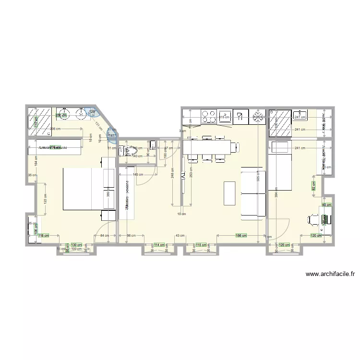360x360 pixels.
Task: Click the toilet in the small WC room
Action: point(127,151)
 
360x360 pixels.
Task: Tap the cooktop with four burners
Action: point(209,116)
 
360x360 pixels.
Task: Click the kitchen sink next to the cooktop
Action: point(239,116)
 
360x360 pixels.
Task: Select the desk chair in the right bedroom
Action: point(312,219)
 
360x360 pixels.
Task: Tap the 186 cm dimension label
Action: point(241,236)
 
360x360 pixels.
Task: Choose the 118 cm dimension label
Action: point(43,235)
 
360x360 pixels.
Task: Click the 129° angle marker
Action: point(92,112)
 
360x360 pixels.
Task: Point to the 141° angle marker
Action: point(112,136)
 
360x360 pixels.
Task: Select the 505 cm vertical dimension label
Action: point(258,180)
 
